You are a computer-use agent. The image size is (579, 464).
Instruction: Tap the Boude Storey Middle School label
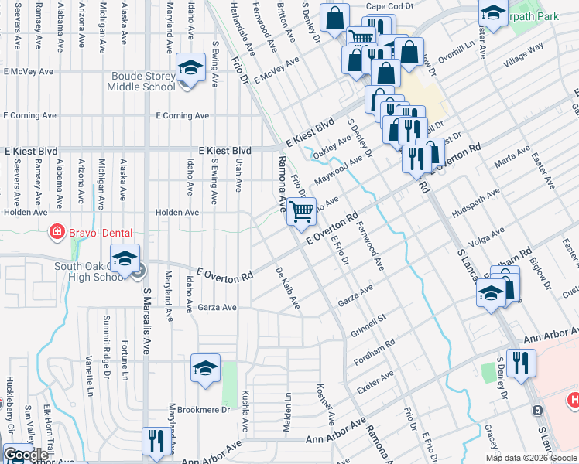[x=143, y=81]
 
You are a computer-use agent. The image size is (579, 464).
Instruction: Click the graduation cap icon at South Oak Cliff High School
[x=125, y=261]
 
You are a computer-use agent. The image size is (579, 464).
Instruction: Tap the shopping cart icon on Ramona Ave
[x=302, y=210]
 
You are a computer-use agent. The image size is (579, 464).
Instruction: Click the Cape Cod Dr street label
[x=391, y=5]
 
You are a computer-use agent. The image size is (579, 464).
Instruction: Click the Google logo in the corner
[x=26, y=455]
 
